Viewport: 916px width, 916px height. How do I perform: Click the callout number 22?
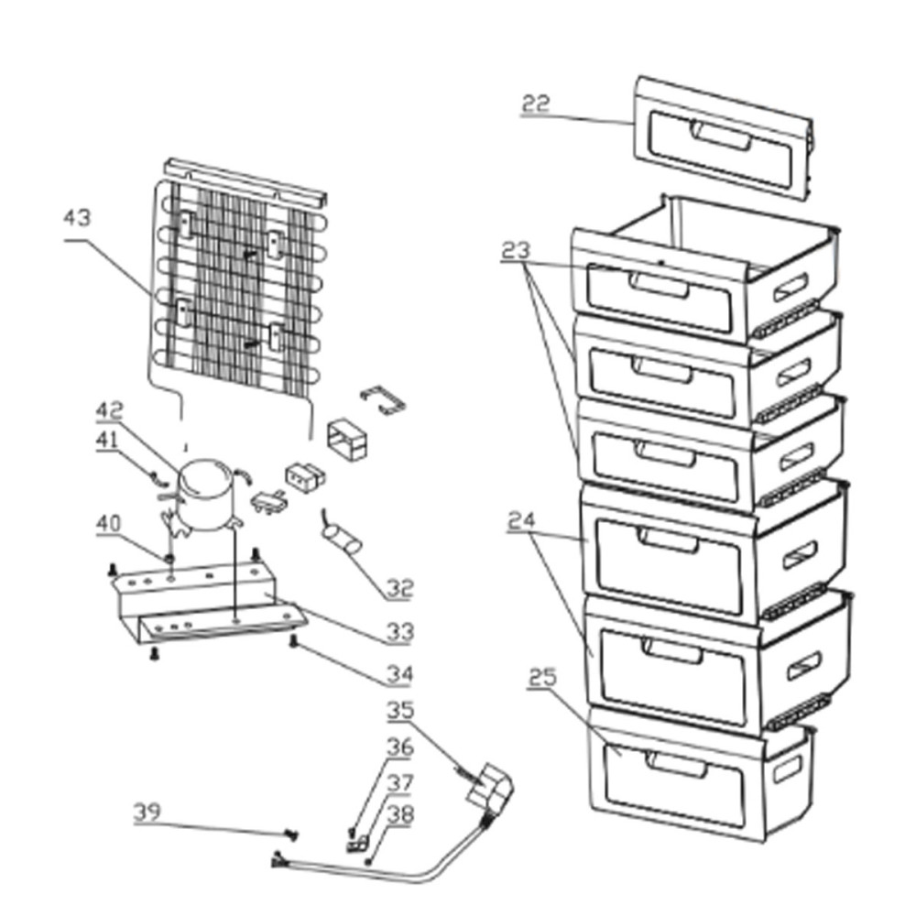click(x=535, y=103)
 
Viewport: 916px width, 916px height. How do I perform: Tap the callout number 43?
click(x=78, y=219)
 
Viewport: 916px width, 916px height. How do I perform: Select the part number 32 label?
click(x=399, y=588)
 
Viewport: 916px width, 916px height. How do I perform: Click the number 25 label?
click(x=543, y=678)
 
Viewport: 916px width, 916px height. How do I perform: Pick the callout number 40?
click(x=109, y=524)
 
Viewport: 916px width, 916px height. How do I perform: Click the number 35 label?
click(x=399, y=710)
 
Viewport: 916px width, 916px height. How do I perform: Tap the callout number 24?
click(x=523, y=522)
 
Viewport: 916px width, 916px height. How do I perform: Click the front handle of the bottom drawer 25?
click(x=676, y=763)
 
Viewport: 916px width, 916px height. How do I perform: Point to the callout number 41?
click(x=108, y=441)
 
